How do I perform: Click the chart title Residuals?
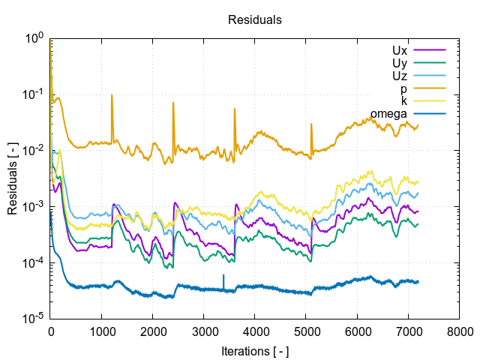pos(254,20)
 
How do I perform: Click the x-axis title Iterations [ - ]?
pos(254,350)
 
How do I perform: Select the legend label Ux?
pos(400,49)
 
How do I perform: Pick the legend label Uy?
pos(400,62)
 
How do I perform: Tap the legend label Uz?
pos(400,75)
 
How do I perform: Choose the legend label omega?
pos(388,114)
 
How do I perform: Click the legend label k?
pos(404,101)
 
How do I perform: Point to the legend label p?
pos(404,88)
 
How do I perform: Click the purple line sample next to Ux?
pos(430,49)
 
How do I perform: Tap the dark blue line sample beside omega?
pos(430,114)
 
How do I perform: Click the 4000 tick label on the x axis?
pos(255,331)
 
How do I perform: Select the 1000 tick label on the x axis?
pos(102,331)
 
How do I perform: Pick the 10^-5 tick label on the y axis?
pos(34,319)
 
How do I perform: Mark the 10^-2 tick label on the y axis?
pos(34,151)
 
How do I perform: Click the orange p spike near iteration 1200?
pos(112,97)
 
